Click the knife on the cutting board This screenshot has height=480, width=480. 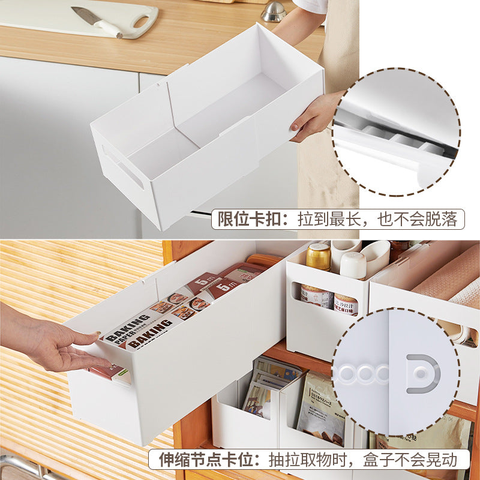point(96,21)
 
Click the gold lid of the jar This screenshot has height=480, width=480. point(319,256)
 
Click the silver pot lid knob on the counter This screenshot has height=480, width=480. point(274,11)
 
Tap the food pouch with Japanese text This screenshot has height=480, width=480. point(320,408)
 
